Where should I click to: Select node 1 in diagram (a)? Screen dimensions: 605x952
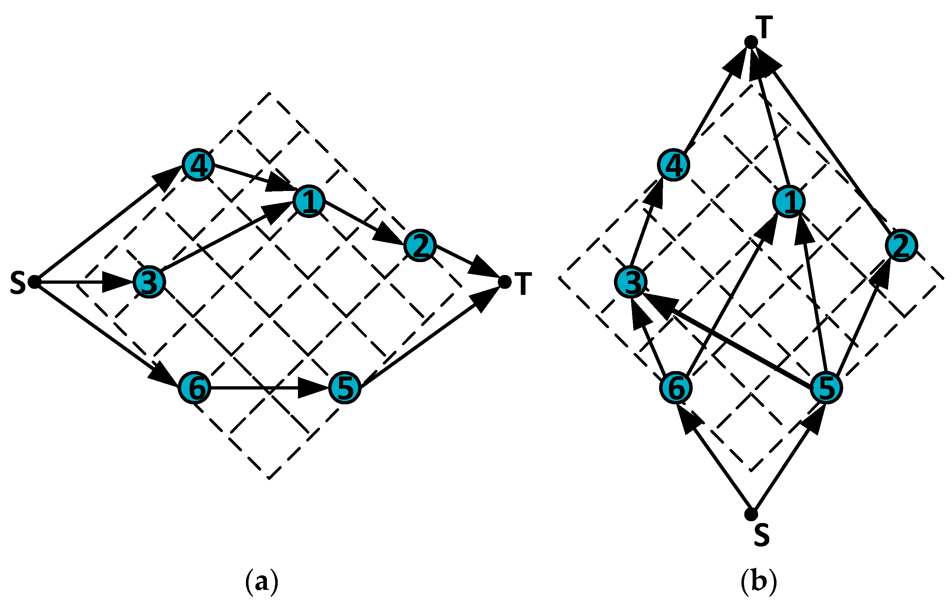coord(309,201)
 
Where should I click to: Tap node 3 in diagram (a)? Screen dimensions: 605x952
coord(149,282)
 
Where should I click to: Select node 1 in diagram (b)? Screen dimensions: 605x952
coord(789,201)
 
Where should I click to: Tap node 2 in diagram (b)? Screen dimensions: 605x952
coord(901,246)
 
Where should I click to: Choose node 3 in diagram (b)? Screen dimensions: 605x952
coord(631,282)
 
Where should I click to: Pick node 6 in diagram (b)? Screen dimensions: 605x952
coord(676,388)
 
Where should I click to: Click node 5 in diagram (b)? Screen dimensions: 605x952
coord(826,388)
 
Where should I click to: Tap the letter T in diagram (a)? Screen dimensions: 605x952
coord(523,284)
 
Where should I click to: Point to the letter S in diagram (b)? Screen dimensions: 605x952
coord(761,535)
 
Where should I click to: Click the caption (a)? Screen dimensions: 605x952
coord(262,581)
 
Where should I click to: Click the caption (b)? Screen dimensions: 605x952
coord(759,581)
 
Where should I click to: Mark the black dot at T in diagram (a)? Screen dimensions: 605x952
coord(505,282)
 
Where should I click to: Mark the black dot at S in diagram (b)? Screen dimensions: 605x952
coord(751,514)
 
